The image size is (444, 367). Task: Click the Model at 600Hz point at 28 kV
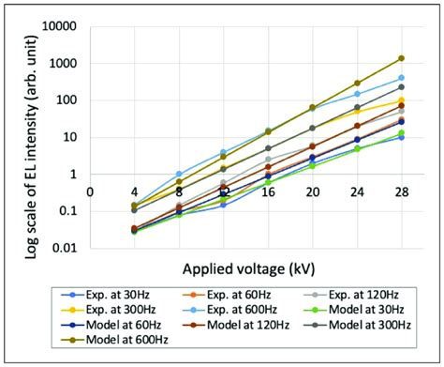pyautogui.click(x=401, y=58)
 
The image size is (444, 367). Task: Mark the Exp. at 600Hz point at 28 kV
pyautogui.click(x=401, y=78)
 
